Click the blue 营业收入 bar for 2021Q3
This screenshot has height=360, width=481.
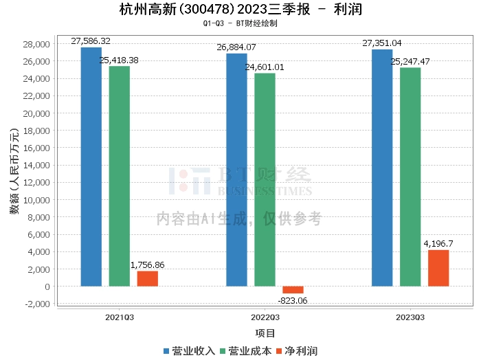[x=91, y=166]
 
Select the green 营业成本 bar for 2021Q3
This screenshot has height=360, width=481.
[x=119, y=176]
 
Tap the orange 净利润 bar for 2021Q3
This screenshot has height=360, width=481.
[x=147, y=278]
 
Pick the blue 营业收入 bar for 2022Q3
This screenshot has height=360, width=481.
[x=236, y=170]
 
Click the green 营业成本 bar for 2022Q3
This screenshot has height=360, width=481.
[x=265, y=179]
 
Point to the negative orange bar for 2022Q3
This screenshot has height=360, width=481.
[x=293, y=290]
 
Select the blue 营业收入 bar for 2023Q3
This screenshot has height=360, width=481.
[x=382, y=168]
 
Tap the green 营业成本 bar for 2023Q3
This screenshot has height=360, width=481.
[x=410, y=177]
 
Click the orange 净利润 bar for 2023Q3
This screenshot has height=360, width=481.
[x=438, y=268]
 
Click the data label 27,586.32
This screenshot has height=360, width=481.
[x=91, y=41]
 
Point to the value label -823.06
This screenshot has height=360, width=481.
[x=292, y=300]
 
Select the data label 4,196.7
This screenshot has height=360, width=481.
[x=438, y=244]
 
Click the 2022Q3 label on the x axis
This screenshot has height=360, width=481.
[x=265, y=317]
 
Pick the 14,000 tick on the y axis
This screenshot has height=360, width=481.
[x=36, y=165]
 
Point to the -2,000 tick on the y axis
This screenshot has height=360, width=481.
[x=36, y=304]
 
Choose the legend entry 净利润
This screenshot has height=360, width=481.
[x=296, y=350]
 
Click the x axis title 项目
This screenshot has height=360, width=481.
[x=265, y=334]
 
